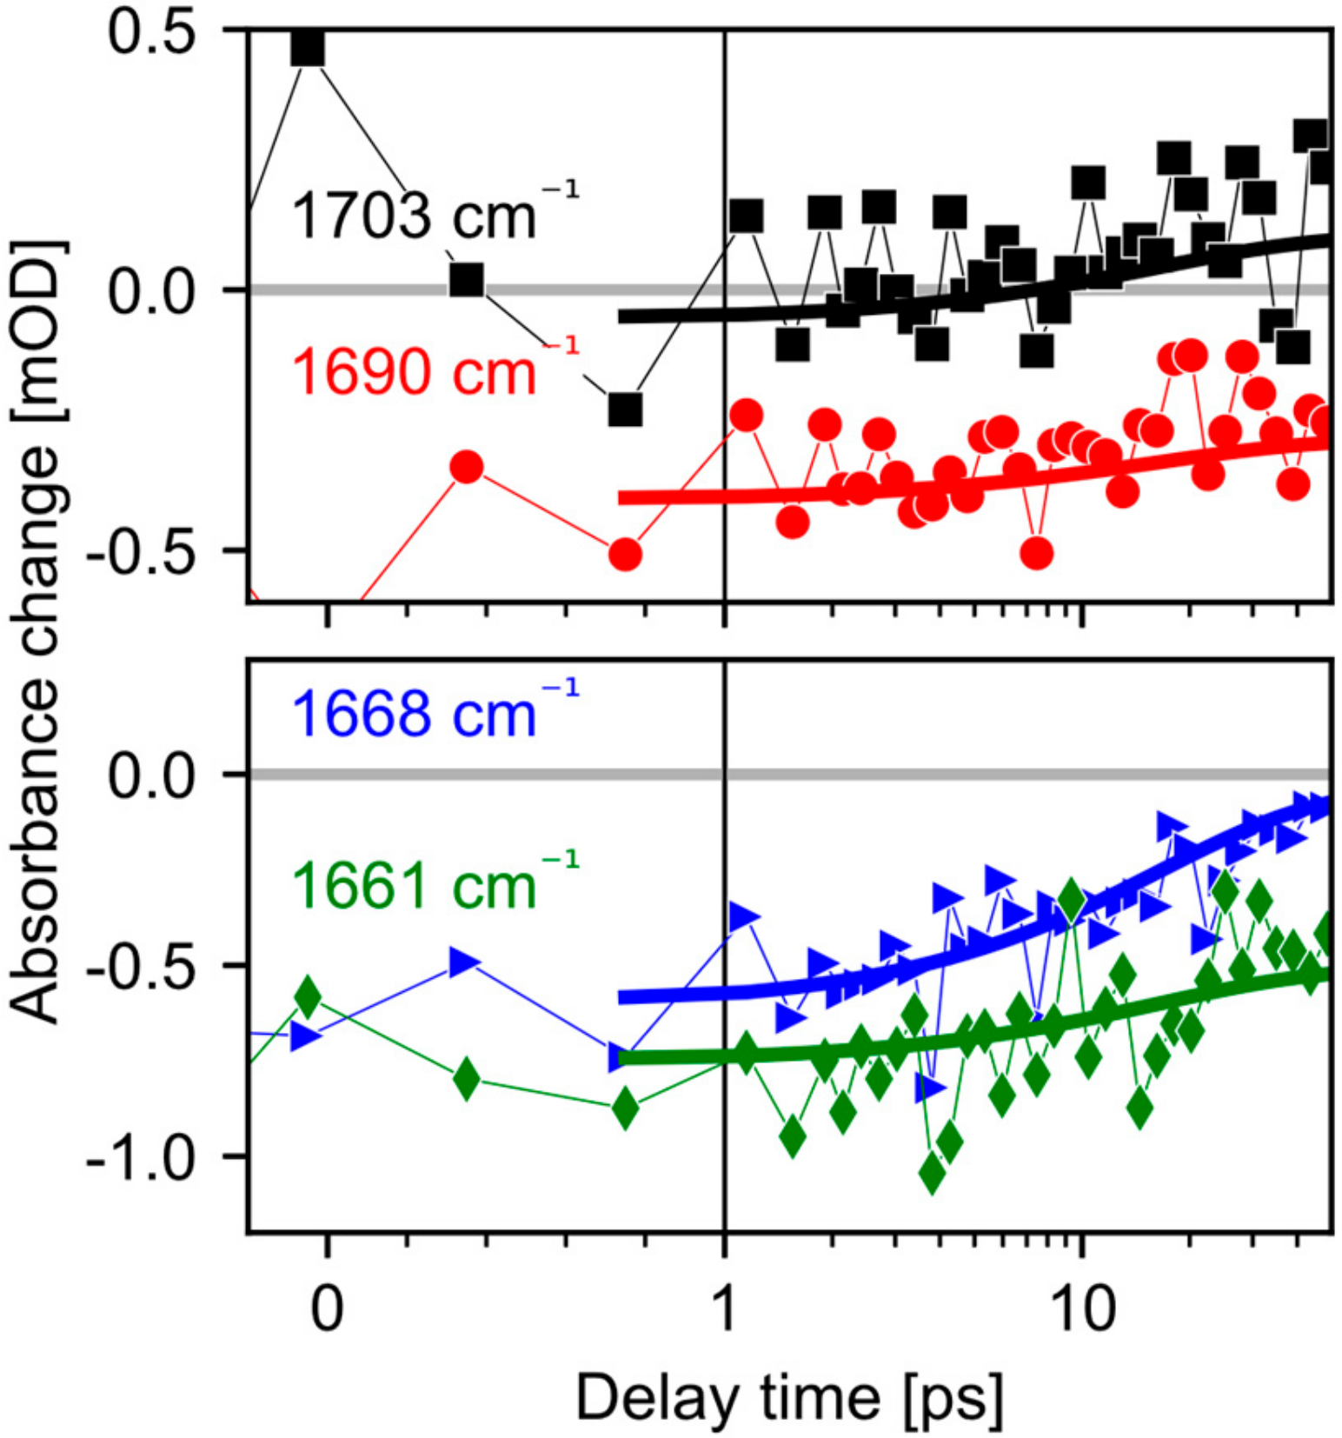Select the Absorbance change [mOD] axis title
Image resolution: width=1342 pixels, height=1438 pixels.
point(37,633)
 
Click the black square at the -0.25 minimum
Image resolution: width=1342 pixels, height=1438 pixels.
point(625,409)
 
